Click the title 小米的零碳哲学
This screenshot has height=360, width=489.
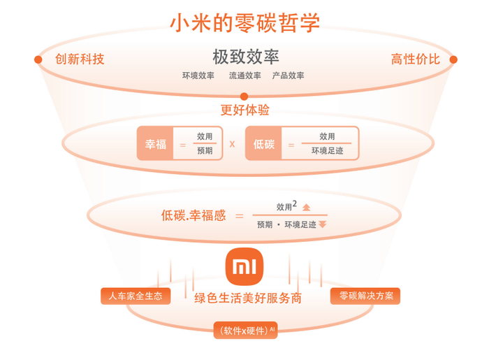(x=245, y=22)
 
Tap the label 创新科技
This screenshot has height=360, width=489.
(x=80, y=59)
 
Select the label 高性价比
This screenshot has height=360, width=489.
(x=416, y=59)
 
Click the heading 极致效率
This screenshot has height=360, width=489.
(x=246, y=57)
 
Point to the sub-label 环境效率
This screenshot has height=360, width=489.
(x=198, y=75)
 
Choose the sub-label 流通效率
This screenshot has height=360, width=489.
(x=245, y=75)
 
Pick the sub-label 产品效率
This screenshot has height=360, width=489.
(x=288, y=75)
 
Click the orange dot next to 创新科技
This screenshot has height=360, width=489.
(x=38, y=59)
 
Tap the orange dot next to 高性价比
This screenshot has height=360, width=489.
(x=453, y=59)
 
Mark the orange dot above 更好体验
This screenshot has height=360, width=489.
(x=245, y=96)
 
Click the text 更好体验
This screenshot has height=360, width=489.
(x=245, y=110)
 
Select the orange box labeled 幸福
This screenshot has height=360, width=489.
(x=155, y=143)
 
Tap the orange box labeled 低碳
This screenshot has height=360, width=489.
(x=263, y=143)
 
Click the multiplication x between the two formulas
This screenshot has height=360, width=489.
(x=232, y=144)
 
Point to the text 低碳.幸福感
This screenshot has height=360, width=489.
(x=194, y=215)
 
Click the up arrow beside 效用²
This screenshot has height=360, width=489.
(x=306, y=207)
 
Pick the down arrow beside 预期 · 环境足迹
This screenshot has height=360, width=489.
(x=322, y=224)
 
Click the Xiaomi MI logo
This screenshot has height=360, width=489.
(x=245, y=266)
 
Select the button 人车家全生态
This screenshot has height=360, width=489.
(x=136, y=296)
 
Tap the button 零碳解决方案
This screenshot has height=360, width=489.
(x=365, y=296)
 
